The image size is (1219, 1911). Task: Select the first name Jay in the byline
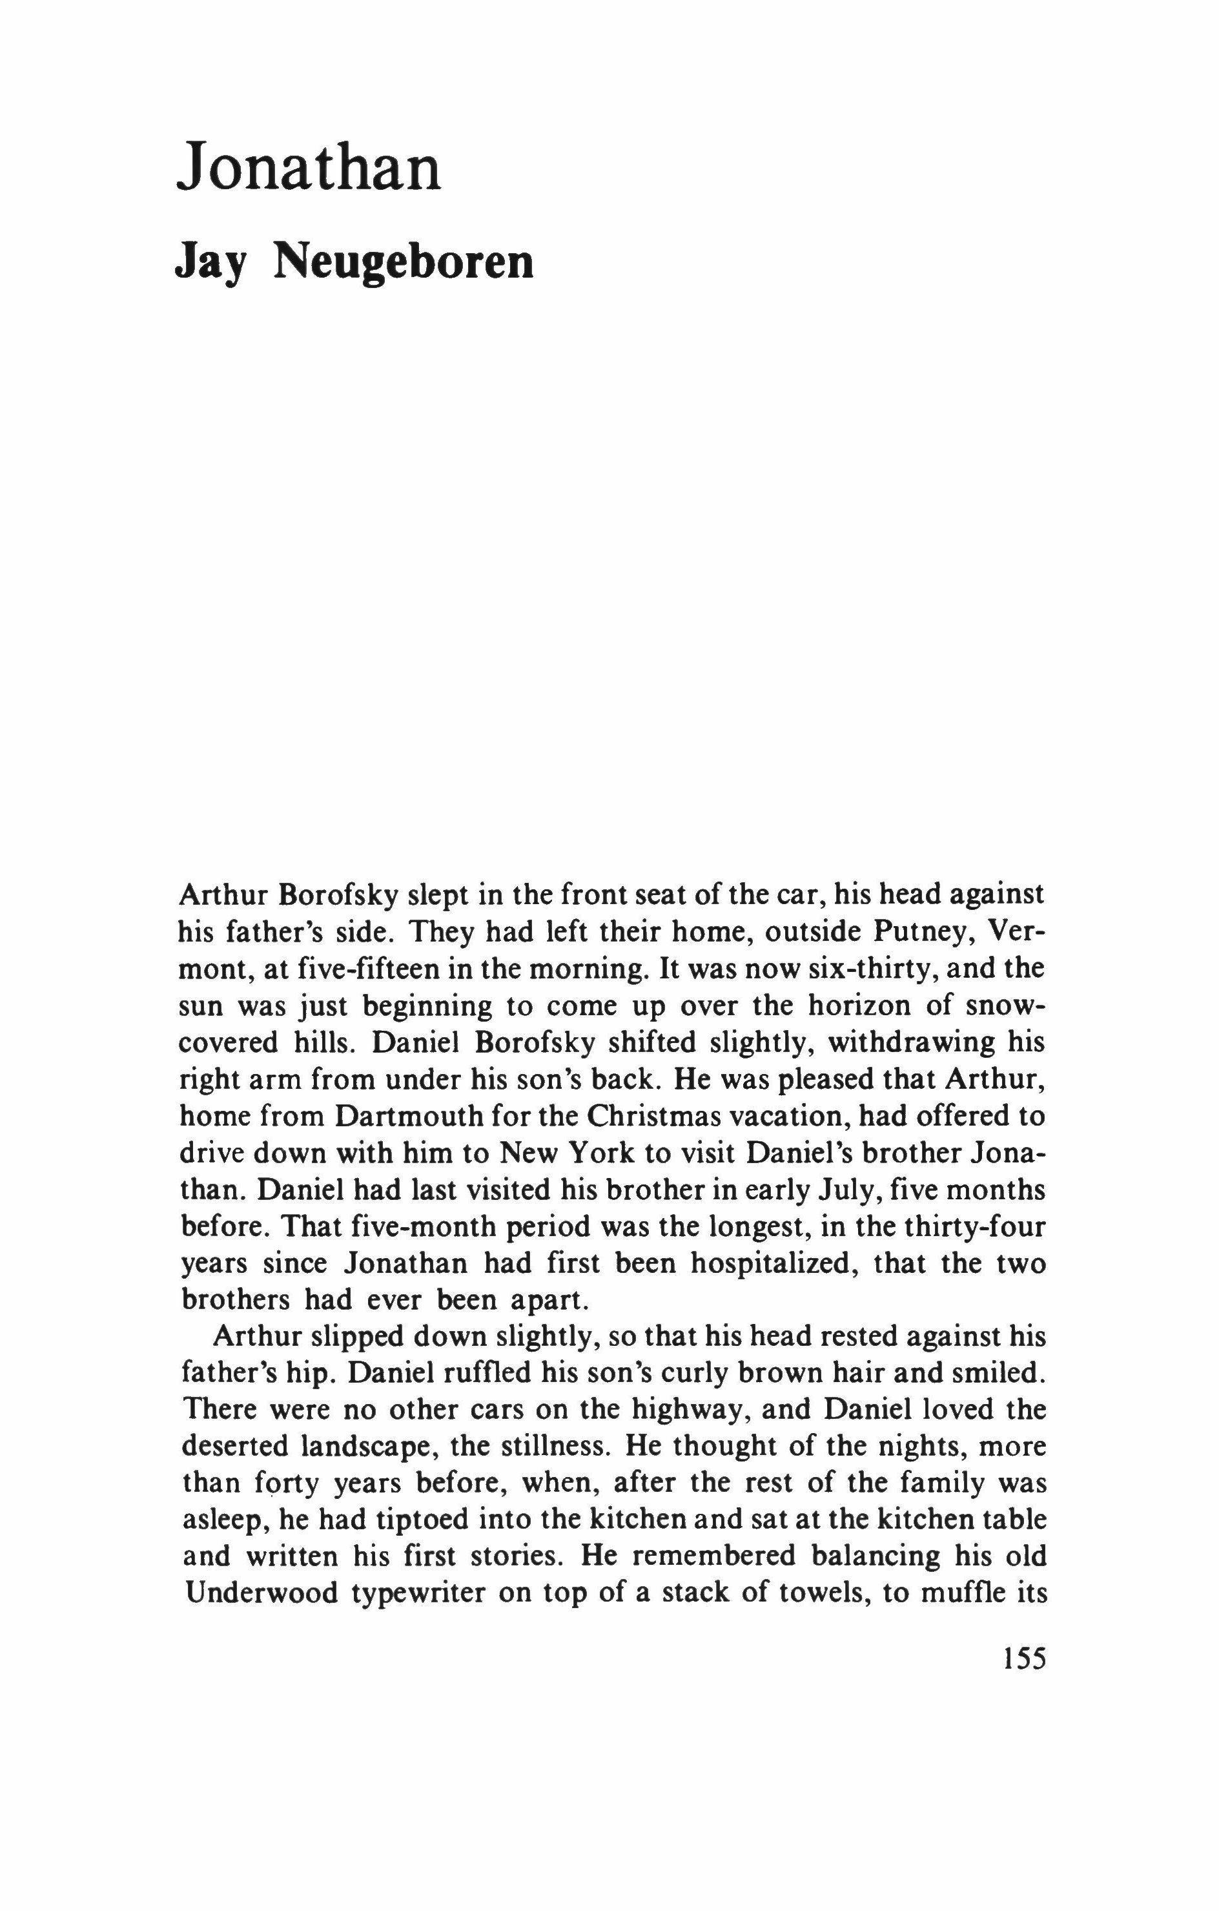tap(209, 263)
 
